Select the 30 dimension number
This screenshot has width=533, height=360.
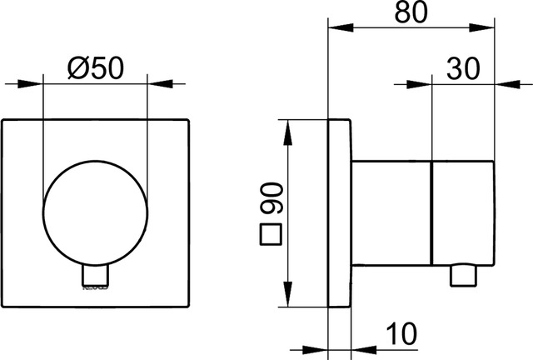(462, 67)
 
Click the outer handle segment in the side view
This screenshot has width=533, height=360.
(464, 213)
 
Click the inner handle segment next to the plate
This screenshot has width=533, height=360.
(391, 213)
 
